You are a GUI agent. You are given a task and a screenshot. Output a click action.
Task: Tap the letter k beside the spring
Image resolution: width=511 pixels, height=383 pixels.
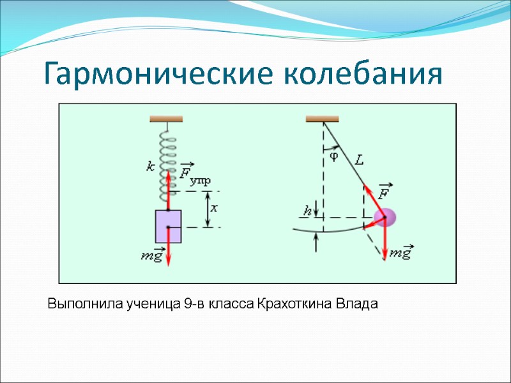[150, 167]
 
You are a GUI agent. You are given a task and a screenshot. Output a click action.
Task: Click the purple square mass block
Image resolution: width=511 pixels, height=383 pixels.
[168, 226]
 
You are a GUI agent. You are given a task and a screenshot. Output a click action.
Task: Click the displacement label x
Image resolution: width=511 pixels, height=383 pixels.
[215, 208]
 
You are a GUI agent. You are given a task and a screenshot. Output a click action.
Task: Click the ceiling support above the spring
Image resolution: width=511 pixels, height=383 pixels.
[166, 119]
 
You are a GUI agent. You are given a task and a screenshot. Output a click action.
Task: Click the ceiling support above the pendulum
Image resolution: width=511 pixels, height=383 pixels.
[322, 119]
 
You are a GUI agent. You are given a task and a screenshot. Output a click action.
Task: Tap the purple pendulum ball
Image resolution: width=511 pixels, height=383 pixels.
[387, 218]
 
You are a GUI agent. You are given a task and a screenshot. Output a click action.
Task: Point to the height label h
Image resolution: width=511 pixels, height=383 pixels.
[307, 209]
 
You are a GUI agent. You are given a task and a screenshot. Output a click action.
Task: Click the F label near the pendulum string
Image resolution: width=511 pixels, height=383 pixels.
[385, 192]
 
